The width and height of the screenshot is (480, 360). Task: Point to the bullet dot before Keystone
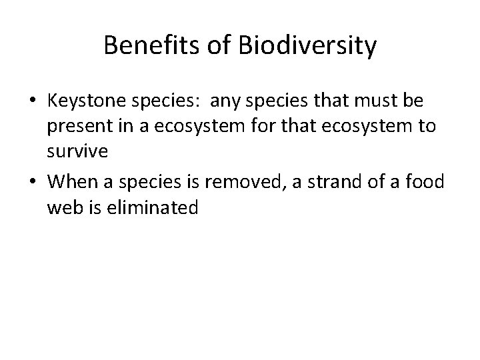(x=33, y=102)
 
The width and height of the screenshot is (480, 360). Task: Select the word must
(x=382, y=101)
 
